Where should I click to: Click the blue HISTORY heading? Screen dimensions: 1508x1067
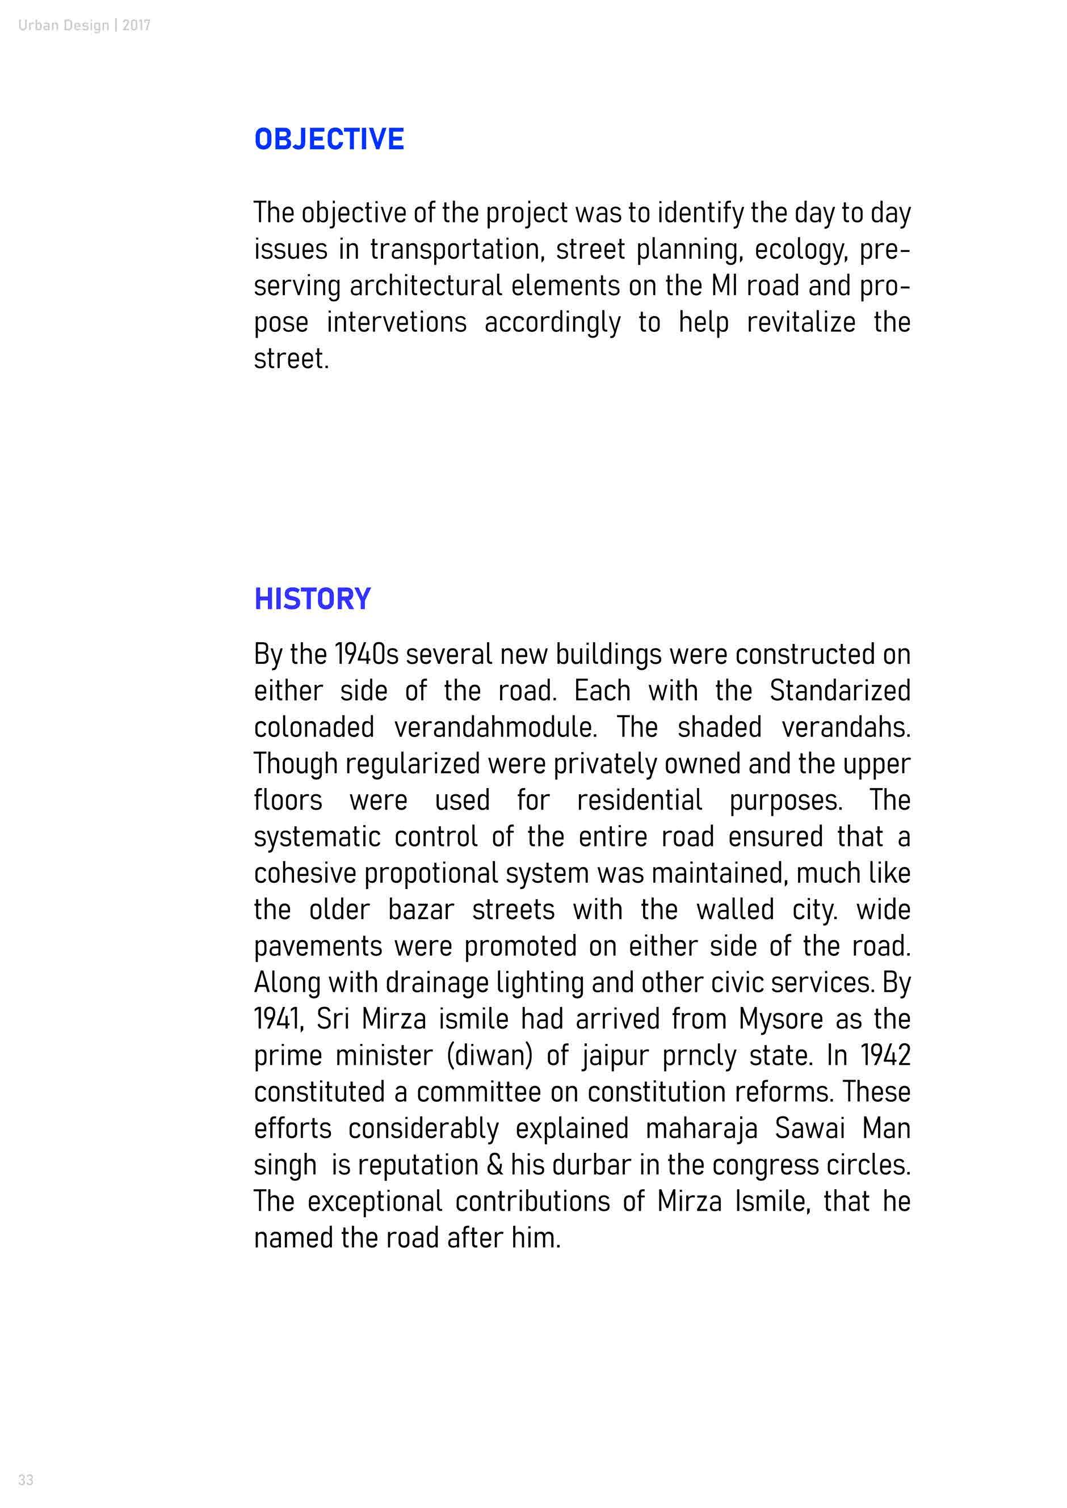(x=312, y=599)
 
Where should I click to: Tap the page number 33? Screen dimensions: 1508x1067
(x=26, y=1480)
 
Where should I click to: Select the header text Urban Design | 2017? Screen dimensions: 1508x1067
(x=84, y=26)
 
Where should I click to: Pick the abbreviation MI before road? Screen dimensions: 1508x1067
(x=724, y=286)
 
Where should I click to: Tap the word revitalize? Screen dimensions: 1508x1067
(x=801, y=322)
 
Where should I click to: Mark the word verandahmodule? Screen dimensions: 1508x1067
(x=495, y=727)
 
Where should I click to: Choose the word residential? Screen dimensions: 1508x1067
(x=639, y=801)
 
